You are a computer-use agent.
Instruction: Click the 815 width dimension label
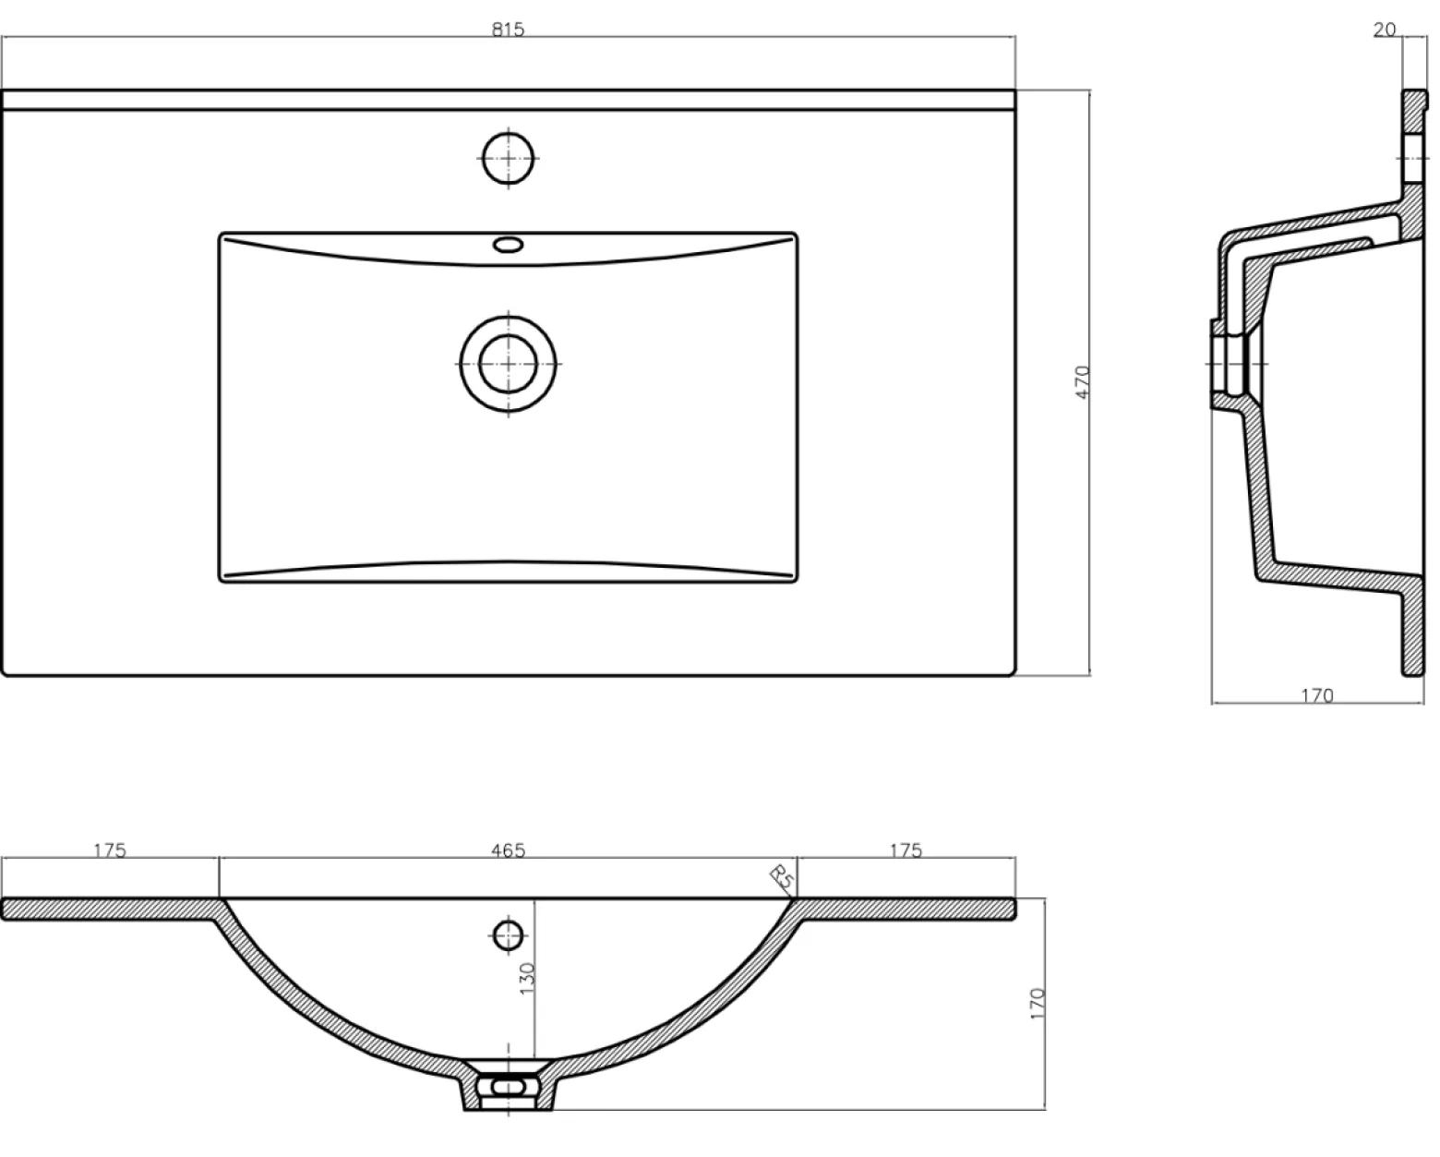508,30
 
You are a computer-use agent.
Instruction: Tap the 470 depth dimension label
1083,382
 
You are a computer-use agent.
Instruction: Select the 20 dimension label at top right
1385,30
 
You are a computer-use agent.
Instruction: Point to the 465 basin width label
508,850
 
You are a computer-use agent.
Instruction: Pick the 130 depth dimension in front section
527,978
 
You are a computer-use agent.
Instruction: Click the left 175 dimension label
110,850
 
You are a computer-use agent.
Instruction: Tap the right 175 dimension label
906,850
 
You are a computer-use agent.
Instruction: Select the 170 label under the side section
1317,696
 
